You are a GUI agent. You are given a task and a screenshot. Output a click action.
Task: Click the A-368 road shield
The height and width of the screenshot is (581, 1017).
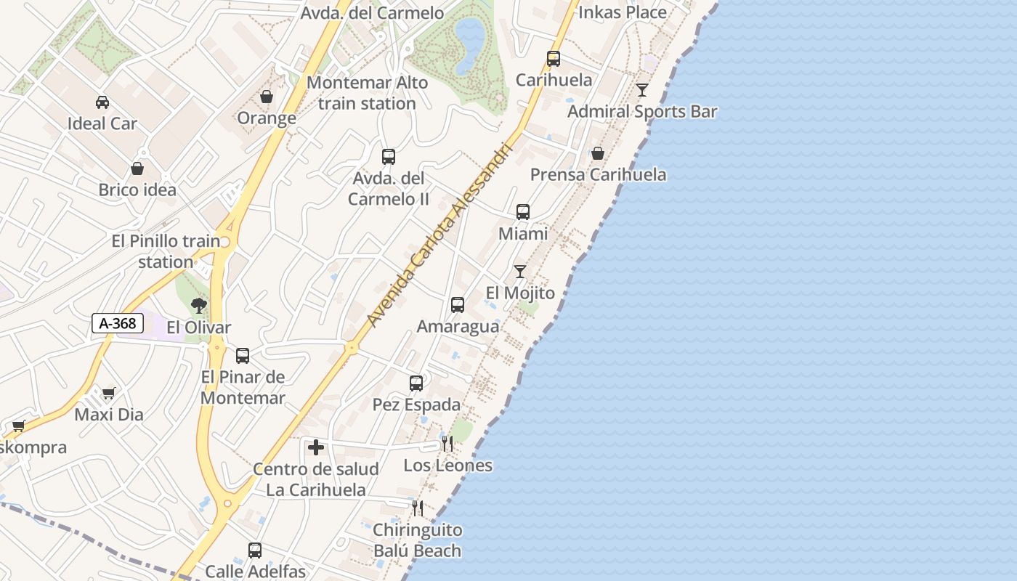click(117, 323)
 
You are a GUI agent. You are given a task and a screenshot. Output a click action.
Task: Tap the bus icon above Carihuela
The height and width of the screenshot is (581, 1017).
click(554, 59)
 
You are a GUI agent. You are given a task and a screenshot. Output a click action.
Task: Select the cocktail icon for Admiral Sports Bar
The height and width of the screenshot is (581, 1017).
click(642, 90)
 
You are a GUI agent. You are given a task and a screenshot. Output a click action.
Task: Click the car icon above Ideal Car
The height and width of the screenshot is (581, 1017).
click(102, 102)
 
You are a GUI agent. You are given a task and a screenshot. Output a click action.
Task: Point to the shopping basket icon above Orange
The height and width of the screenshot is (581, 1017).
click(267, 97)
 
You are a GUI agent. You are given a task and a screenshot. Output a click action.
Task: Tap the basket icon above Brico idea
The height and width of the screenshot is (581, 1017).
click(137, 169)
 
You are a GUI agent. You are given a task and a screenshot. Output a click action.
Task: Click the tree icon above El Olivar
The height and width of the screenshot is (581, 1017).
click(198, 306)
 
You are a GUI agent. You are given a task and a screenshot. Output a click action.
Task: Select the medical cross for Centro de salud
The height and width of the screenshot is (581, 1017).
click(316, 447)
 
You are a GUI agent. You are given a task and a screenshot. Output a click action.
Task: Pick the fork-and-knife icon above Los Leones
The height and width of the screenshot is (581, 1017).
click(447, 443)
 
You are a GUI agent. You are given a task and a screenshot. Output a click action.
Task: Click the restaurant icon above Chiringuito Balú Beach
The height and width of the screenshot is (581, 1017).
click(417, 508)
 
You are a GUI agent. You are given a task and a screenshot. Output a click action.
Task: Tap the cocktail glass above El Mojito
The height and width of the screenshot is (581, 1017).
click(520, 272)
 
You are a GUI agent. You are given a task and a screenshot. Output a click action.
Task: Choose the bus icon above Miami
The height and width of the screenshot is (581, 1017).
click(523, 212)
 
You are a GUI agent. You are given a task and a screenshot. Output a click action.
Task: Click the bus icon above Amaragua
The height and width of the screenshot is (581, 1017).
click(458, 305)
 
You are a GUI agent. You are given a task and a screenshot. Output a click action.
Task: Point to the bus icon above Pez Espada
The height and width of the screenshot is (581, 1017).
click(416, 383)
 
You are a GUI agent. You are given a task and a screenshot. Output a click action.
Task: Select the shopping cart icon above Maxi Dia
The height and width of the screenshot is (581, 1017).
click(108, 394)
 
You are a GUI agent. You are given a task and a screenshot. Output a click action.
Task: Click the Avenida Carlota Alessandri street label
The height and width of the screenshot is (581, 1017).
click(440, 234)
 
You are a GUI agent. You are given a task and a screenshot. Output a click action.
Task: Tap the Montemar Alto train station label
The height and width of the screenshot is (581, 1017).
click(367, 93)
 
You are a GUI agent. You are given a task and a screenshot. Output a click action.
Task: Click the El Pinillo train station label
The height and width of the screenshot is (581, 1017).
click(166, 251)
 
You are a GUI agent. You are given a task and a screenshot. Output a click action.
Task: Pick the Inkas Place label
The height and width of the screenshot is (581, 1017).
click(622, 12)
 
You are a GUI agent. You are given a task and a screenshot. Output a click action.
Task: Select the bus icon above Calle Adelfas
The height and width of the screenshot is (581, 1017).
click(255, 550)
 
